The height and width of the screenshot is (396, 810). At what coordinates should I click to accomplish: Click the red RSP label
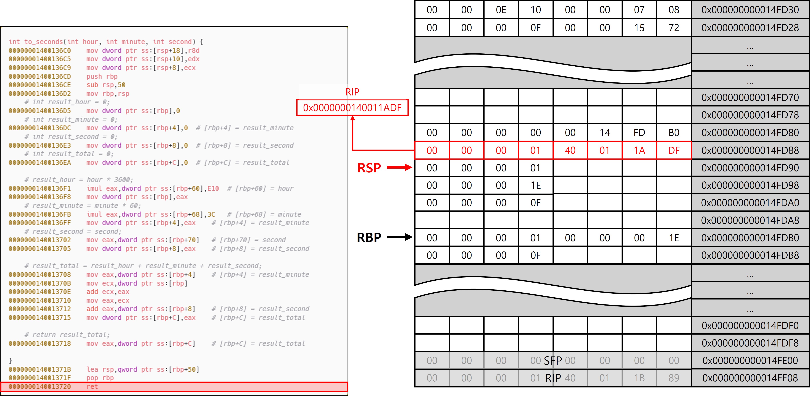(x=369, y=168)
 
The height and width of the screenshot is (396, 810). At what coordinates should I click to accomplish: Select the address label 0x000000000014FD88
(x=750, y=150)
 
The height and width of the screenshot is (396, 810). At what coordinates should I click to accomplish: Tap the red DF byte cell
(x=674, y=150)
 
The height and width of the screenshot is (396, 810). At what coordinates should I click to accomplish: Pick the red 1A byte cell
(x=639, y=150)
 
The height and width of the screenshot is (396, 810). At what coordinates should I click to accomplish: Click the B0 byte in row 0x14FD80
(x=674, y=133)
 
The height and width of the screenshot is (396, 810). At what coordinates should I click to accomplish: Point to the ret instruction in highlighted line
(x=92, y=387)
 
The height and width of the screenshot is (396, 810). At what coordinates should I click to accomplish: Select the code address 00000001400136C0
(x=40, y=51)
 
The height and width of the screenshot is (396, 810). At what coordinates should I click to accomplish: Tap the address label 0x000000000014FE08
(x=750, y=378)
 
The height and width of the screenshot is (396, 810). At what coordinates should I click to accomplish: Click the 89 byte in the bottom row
(x=674, y=378)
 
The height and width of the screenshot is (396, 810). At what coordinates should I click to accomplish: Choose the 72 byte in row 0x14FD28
(x=674, y=28)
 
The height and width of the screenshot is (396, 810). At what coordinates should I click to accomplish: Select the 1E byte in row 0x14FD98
(x=535, y=185)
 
